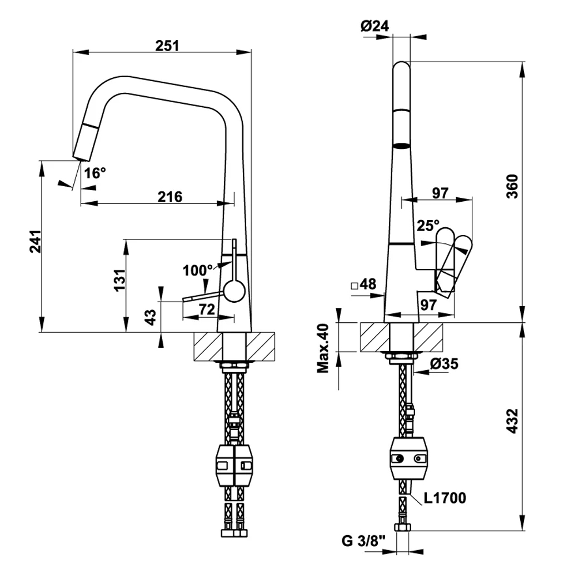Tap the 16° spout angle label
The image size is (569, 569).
95,173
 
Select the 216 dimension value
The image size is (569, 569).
169,196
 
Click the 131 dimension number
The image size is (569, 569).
118,281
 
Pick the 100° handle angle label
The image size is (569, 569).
198,271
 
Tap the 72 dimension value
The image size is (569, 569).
207,310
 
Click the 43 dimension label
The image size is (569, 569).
150,317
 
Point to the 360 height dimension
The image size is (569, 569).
512,186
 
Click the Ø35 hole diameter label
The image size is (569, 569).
445,364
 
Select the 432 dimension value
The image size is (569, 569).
512,421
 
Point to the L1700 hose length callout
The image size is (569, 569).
445,497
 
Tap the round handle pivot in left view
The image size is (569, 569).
234,291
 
